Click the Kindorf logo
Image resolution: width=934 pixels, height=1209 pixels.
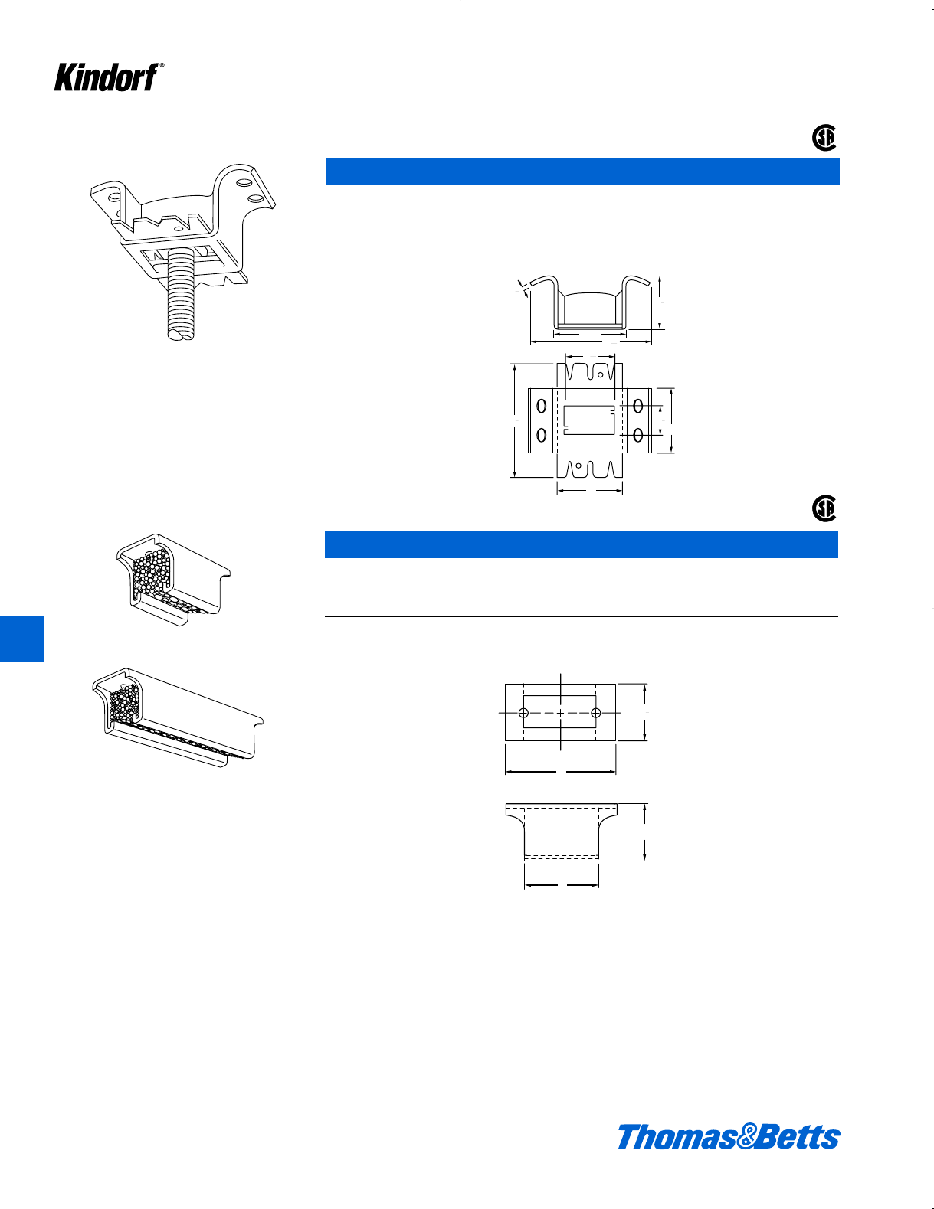click(107, 77)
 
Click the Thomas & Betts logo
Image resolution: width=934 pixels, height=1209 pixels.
click(728, 1136)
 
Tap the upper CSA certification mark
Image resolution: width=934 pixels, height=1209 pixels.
click(824, 138)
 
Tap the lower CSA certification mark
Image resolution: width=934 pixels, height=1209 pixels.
click(824, 508)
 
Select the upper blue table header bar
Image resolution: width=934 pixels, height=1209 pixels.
click(582, 172)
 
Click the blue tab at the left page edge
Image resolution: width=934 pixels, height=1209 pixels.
click(21, 638)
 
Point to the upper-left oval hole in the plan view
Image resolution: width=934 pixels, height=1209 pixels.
click(542, 406)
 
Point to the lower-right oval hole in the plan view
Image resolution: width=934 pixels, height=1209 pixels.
click(638, 435)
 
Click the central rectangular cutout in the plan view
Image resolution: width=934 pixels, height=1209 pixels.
click(589, 420)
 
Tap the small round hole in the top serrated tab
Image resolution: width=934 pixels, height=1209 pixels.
click(600, 375)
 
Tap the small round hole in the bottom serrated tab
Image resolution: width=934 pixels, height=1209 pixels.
click(579, 466)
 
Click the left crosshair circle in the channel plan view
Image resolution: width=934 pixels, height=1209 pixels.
click(524, 713)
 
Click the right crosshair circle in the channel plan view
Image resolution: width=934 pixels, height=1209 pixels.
click(596, 713)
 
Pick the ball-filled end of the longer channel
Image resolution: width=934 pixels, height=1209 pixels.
click(124, 705)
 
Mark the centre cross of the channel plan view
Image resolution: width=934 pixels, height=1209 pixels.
click(561, 713)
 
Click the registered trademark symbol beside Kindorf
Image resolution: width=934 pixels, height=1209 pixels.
click(162, 67)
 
